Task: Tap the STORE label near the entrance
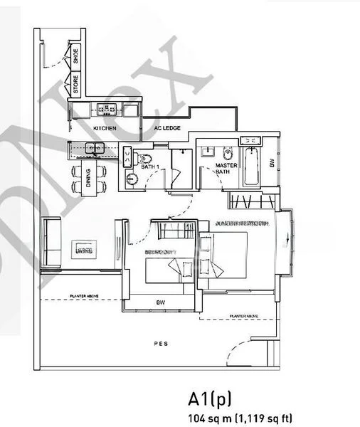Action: (x=77, y=85)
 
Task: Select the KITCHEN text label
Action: (x=105, y=128)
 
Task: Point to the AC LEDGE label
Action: (x=167, y=128)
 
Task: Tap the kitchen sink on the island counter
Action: (x=94, y=148)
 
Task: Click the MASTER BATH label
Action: (x=226, y=168)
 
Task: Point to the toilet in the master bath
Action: (x=228, y=152)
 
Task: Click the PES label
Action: (x=159, y=342)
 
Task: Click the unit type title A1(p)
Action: (x=210, y=399)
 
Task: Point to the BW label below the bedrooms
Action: (x=161, y=302)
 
